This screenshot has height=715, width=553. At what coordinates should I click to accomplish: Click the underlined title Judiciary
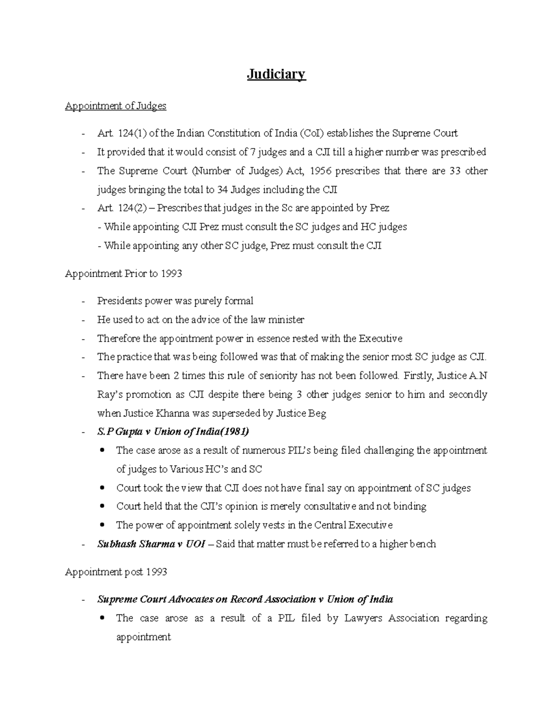point(276,74)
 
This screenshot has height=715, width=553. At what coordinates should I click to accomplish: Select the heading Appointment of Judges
point(115,106)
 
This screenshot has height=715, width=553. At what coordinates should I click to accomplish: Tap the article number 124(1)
point(132,134)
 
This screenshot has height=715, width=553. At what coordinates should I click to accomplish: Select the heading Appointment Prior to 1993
point(123,273)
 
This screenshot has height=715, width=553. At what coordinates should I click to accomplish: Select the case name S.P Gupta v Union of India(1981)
point(173,432)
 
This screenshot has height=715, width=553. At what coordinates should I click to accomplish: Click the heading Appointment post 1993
point(116,572)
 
